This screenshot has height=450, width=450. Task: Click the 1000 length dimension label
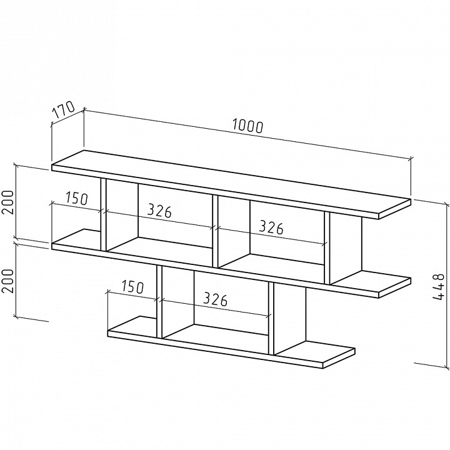coord(247,126)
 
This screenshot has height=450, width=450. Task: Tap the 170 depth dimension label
coord(63,110)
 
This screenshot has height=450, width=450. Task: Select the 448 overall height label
coord(439,287)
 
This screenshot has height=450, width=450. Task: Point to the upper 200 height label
coord(8,202)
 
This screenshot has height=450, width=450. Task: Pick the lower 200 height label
coord(8,281)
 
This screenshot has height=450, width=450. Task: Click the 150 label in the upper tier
coord(77,198)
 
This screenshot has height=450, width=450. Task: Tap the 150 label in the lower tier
coord(132,287)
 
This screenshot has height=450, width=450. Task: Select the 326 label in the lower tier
coord(216,299)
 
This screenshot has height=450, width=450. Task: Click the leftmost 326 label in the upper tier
coord(159,211)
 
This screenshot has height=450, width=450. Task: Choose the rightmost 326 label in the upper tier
coord(271,227)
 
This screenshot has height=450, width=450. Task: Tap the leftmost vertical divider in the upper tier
coord(104,215)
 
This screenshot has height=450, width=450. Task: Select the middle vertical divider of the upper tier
coord(216,231)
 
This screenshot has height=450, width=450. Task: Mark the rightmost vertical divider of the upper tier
coord(327,248)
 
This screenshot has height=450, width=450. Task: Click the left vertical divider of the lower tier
coord(159,302)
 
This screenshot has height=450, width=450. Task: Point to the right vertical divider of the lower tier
coord(271,319)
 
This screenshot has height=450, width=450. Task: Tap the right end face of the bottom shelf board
coord(339,359)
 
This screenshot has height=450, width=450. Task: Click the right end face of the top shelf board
coord(395,209)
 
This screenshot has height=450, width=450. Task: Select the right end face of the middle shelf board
coord(395,287)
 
